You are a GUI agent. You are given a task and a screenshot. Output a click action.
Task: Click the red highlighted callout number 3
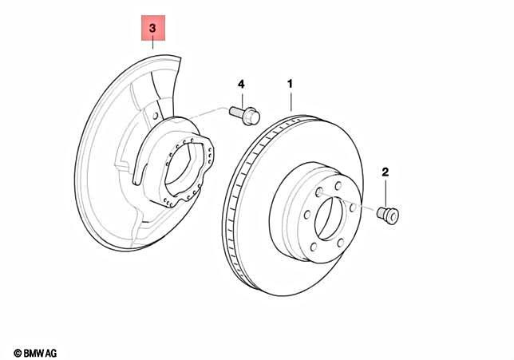pyautogui.click(x=152, y=28)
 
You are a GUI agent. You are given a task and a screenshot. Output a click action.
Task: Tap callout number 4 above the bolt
pyautogui.click(x=241, y=85)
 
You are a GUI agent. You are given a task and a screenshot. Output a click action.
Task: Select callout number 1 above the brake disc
pyautogui.click(x=290, y=84)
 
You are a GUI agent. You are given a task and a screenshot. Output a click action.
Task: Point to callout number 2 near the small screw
pyautogui.click(x=385, y=172)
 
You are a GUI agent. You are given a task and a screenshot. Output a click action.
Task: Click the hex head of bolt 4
pyautogui.click(x=251, y=116)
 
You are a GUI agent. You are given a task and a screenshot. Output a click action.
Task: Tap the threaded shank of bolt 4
pyautogui.click(x=236, y=112)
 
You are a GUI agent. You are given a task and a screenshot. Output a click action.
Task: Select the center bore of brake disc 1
pyautogui.click(x=329, y=219)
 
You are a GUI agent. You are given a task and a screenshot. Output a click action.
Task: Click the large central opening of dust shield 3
pyautogui.click(x=180, y=169)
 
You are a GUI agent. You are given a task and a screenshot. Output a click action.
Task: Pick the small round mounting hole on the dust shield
pyautogui.click(x=156, y=116)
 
